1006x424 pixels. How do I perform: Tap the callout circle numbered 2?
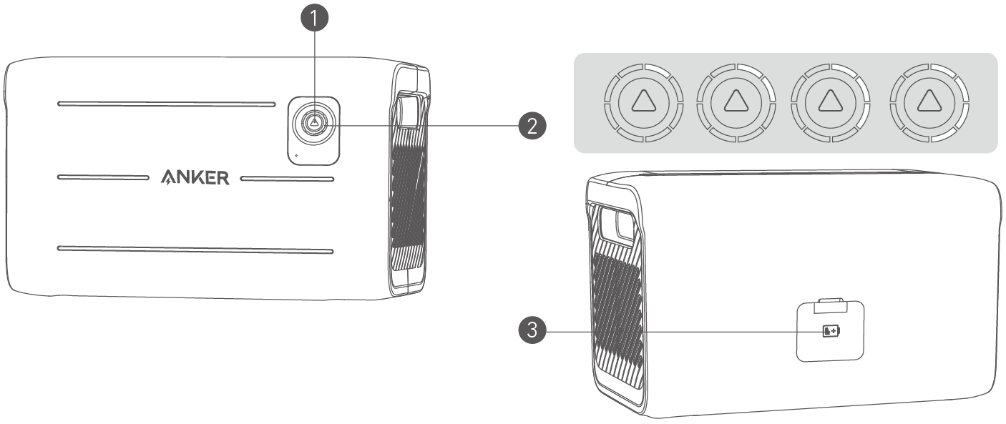pos(531,127)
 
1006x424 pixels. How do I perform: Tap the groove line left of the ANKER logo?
pos(107,177)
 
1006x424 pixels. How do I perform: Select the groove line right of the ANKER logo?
pos(286,178)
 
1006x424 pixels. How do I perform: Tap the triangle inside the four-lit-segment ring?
pos(927,102)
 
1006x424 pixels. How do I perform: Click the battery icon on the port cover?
pos(831,331)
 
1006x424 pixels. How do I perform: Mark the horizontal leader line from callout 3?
pos(680,331)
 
